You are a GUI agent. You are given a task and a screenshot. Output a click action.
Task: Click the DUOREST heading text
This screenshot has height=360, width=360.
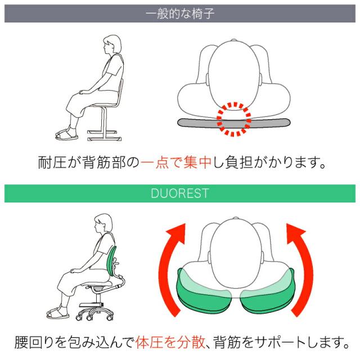click(x=180, y=193)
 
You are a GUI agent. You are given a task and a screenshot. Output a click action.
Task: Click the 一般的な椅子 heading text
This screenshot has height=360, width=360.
click(x=180, y=13)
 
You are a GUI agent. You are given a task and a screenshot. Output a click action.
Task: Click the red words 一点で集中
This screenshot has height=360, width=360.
click(x=175, y=163)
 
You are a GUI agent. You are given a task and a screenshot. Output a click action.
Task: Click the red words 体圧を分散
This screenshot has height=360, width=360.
click(x=170, y=343)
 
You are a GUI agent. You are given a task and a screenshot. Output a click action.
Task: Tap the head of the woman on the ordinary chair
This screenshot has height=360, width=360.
click(x=112, y=45)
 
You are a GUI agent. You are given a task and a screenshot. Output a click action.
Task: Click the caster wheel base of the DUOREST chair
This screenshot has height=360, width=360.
click(x=94, y=314)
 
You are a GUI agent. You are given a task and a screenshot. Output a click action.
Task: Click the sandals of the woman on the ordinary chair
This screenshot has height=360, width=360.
click(x=66, y=135)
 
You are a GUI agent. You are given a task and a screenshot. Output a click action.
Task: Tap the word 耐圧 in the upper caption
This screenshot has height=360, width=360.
click(x=52, y=163)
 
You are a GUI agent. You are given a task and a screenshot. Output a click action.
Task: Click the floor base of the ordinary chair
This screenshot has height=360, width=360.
click(x=105, y=136)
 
